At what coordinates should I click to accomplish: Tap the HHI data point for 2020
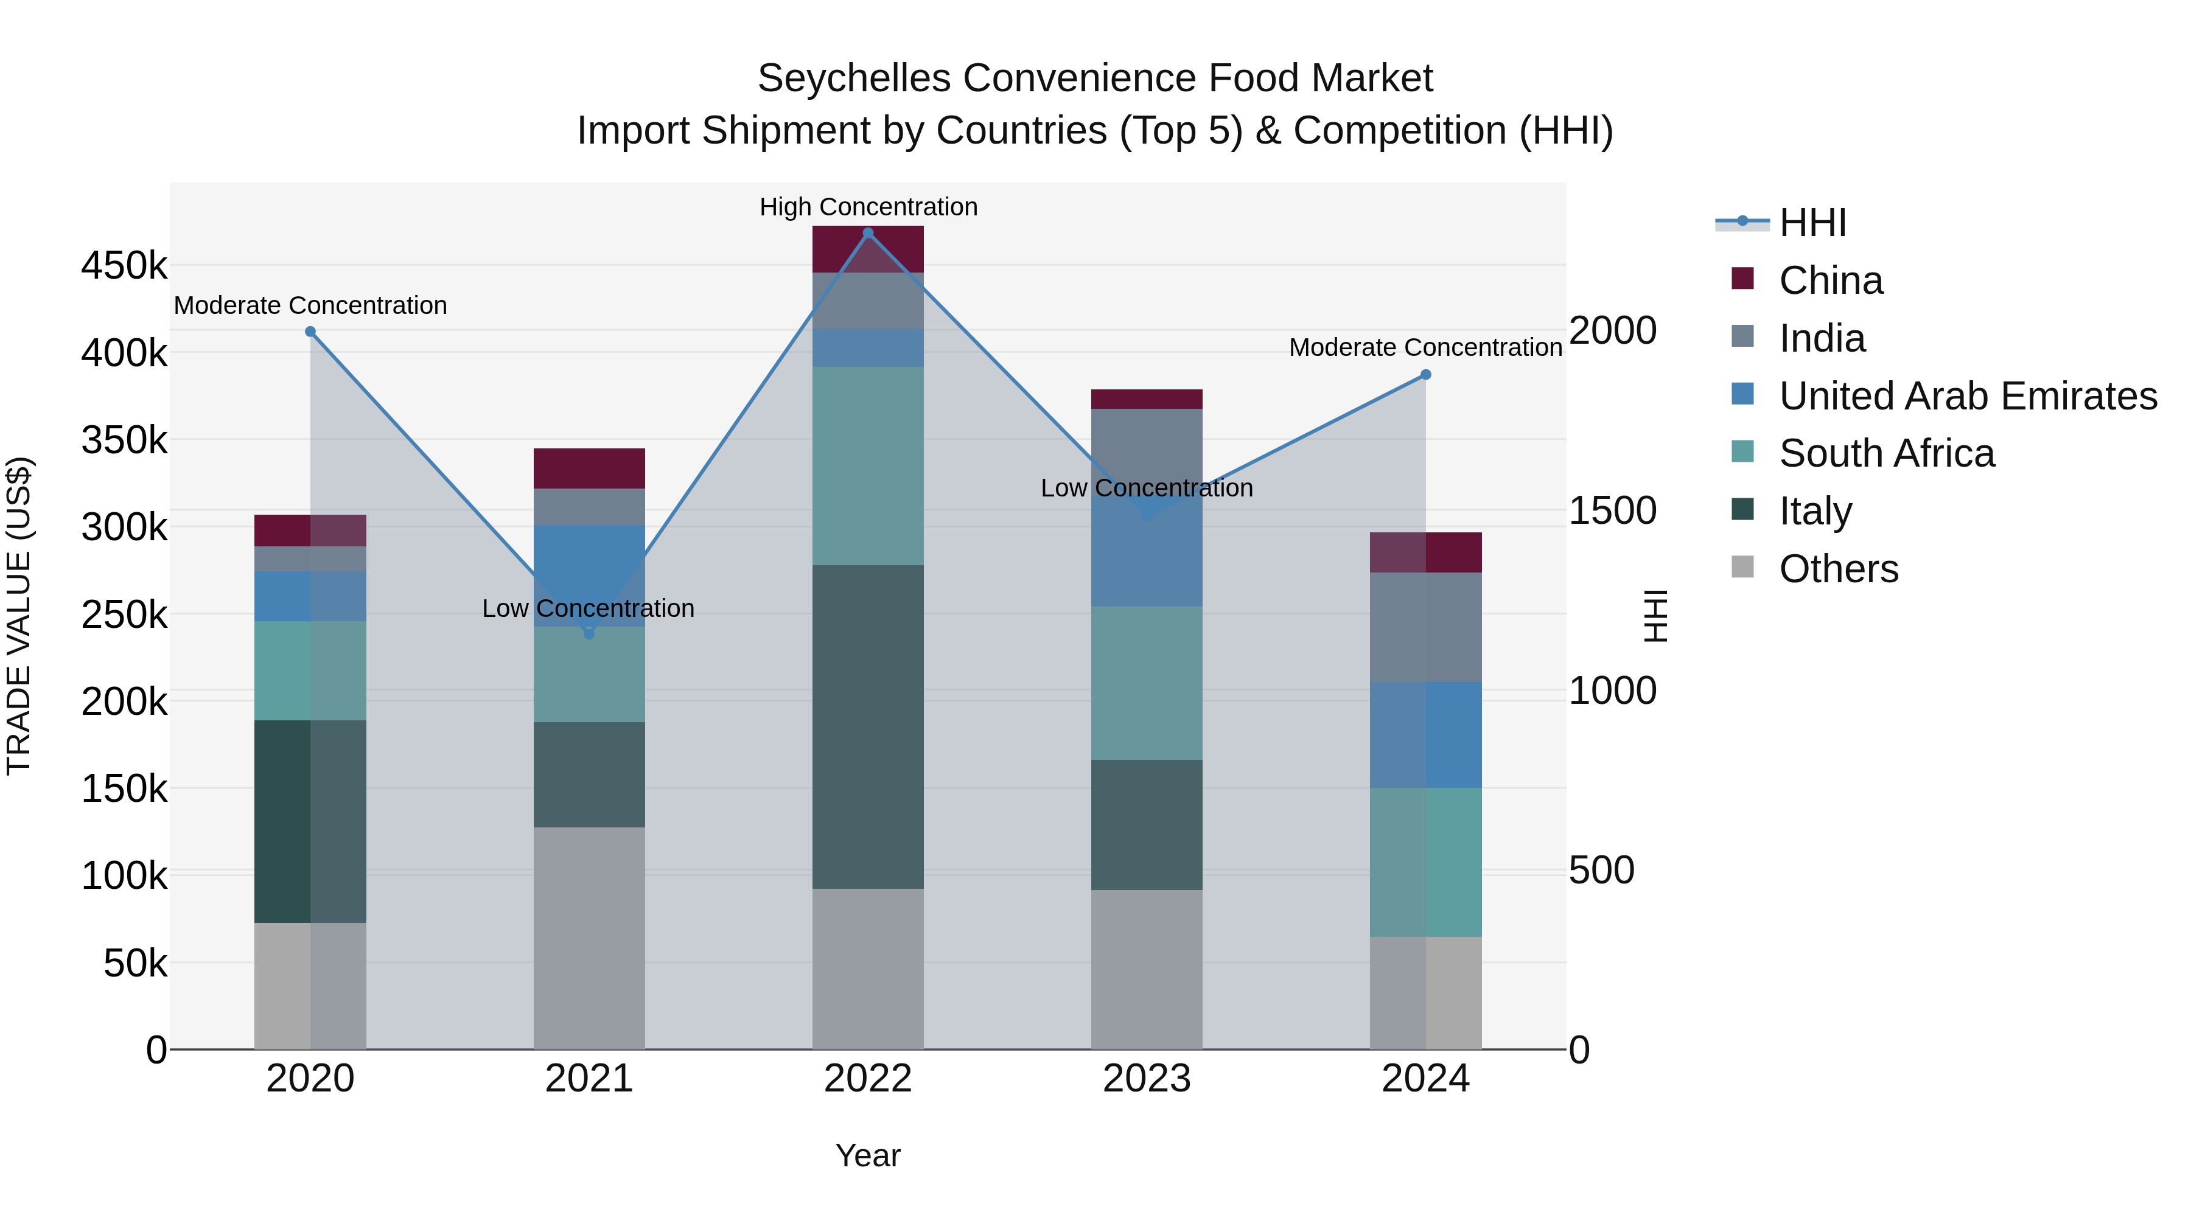310,332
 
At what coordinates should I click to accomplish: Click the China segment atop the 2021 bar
589,468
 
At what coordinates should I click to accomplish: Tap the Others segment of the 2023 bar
1147,969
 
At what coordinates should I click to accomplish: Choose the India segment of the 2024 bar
1425,627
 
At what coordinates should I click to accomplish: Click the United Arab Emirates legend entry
1967,395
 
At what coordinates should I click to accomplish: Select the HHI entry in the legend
1812,223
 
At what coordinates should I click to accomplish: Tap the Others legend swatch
1743,567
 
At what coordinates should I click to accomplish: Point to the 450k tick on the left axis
124,265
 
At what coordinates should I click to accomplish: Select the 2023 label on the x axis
1147,1078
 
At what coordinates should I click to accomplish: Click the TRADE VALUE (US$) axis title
19,616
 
